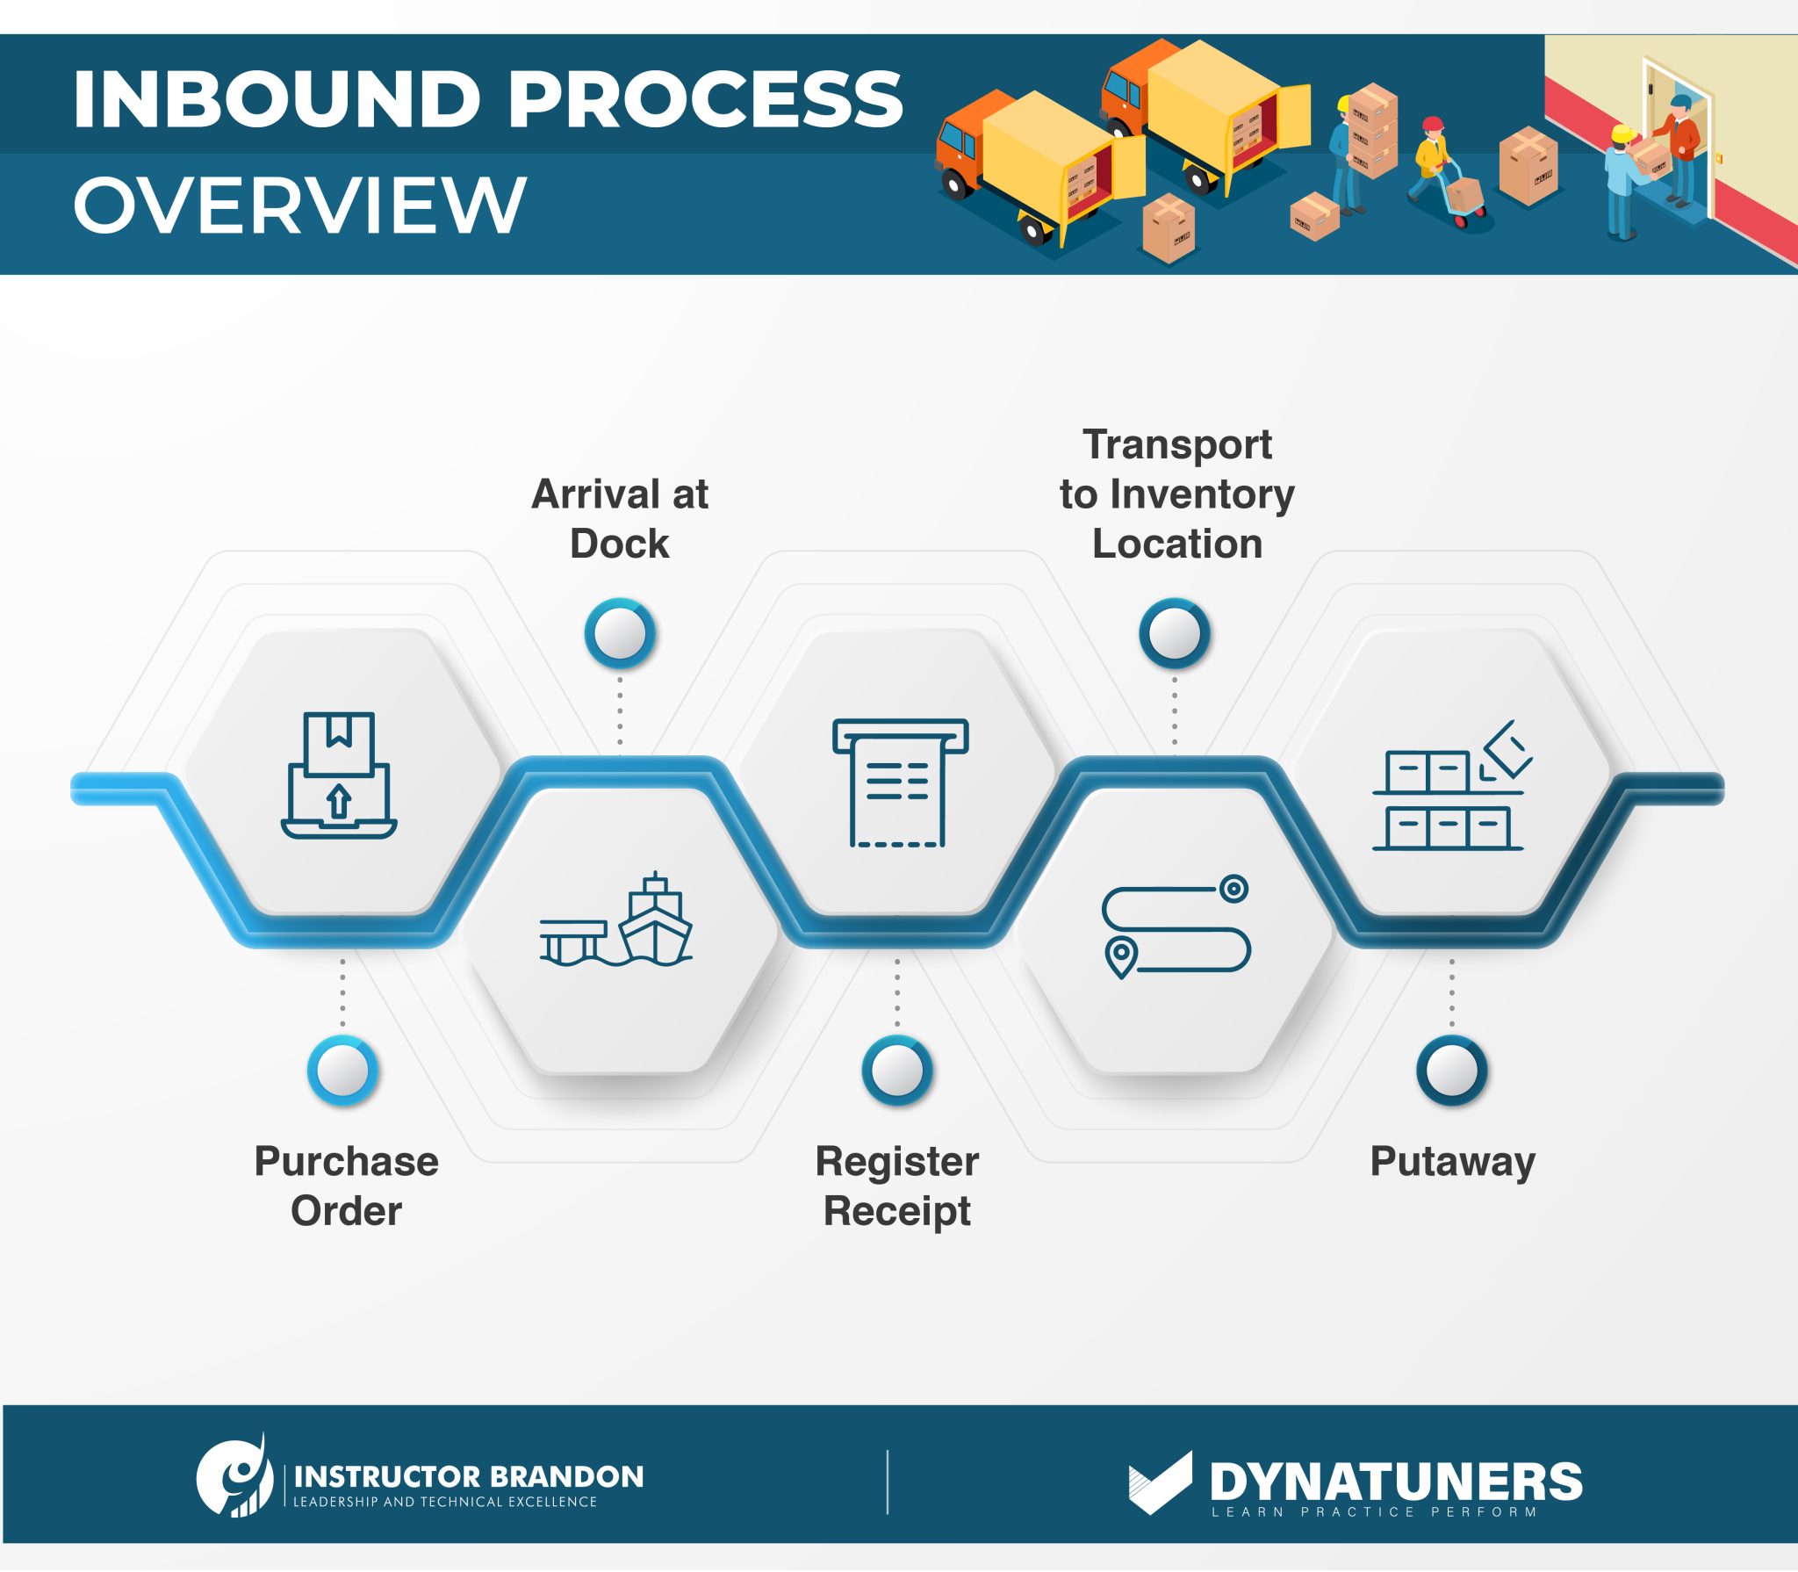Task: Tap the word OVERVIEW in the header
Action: coord(299,206)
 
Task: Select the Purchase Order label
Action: coord(346,1186)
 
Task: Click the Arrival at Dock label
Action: coord(620,518)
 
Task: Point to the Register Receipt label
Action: coord(896,1186)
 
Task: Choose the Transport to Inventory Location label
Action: coord(1176,494)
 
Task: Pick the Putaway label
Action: coord(1452,1161)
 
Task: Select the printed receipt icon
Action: coord(900,782)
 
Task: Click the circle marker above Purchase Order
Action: coord(342,1070)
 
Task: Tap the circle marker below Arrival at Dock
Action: coord(620,633)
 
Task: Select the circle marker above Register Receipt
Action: coord(897,1070)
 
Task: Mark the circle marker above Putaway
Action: coord(1452,1070)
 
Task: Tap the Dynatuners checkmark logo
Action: coord(1160,1482)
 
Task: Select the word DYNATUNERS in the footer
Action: coord(1395,1482)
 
